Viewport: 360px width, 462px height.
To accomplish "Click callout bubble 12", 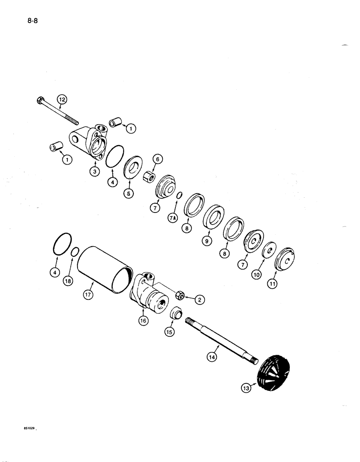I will click(62, 98).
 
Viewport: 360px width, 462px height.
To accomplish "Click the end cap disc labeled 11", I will click(285, 260).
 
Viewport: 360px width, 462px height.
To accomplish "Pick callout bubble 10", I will click(257, 274).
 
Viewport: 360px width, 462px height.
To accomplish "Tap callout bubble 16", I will click(142, 319).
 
